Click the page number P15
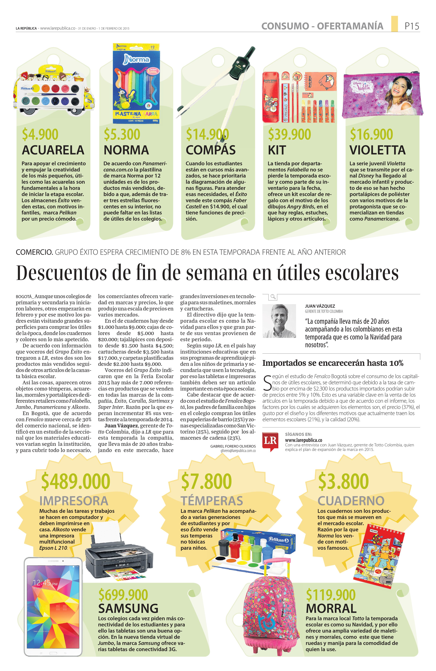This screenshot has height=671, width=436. tap(412, 26)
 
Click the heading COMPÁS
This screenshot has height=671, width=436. tap(211, 150)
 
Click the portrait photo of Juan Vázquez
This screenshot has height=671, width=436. tap(279, 321)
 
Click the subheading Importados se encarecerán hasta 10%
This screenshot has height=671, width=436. tap(333, 363)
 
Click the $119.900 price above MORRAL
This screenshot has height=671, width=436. tap(331, 595)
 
